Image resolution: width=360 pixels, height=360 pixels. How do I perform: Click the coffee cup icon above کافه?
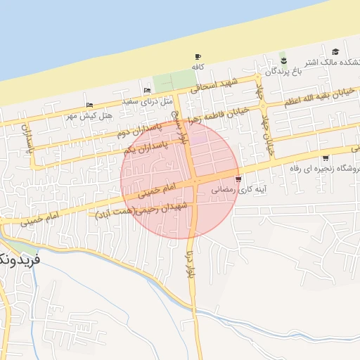[197, 57]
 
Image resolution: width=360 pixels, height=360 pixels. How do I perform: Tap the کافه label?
[198, 66]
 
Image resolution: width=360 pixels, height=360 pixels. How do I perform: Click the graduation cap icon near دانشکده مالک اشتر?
[335, 51]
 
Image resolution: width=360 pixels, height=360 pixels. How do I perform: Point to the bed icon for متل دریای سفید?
[147, 91]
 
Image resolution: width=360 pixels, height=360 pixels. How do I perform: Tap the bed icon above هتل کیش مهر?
[89, 105]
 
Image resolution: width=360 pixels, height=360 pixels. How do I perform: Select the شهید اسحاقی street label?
[215, 86]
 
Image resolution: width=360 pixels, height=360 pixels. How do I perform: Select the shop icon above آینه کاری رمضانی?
[240, 179]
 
